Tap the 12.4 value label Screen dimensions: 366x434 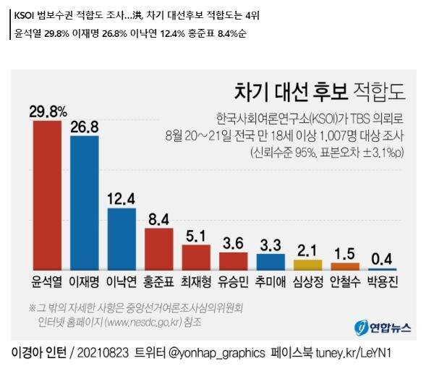pyautogui.click(x=122, y=197)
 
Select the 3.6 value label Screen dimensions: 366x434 pyautogui.click(x=233, y=242)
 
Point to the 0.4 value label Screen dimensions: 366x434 pyautogui.click(x=382, y=258)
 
